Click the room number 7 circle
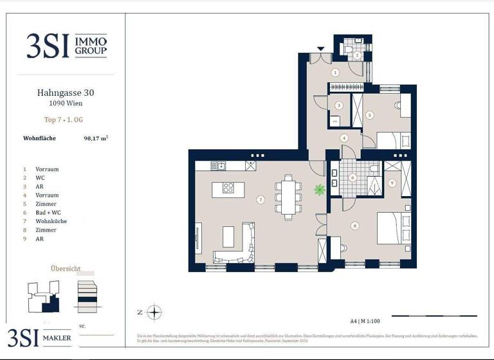(x=260, y=199)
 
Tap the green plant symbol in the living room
(x=319, y=189)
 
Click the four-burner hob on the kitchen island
(x=228, y=188)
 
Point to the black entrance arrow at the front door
(x=321, y=48)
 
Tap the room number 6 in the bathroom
(x=352, y=178)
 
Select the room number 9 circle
(x=392, y=183)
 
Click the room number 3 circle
(x=338, y=105)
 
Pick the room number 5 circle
(x=369, y=115)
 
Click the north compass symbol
(x=154, y=313)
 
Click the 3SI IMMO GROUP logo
(x=67, y=46)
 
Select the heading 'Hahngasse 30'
(x=66, y=93)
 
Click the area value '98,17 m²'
(x=96, y=138)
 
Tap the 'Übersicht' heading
(x=66, y=268)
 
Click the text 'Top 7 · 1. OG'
(x=66, y=120)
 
